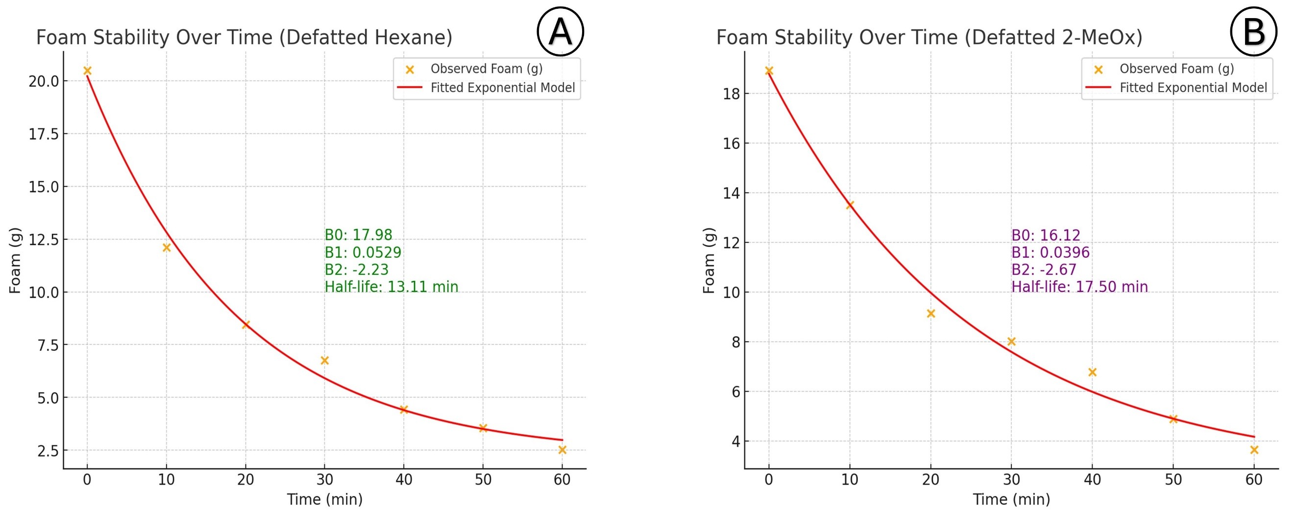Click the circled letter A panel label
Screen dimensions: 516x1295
(x=560, y=31)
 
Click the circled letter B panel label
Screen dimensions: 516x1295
(x=1253, y=31)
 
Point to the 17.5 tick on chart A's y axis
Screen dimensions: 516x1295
(x=44, y=134)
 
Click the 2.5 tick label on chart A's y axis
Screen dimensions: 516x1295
(x=48, y=451)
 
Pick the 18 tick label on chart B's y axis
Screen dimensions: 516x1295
(x=732, y=94)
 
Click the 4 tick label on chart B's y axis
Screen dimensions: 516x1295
(x=736, y=442)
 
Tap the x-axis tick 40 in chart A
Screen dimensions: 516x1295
(x=404, y=480)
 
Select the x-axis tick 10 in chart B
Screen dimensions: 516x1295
(x=850, y=480)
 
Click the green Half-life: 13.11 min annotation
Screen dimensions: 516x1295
(x=391, y=287)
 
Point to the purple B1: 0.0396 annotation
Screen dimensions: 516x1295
(x=1050, y=252)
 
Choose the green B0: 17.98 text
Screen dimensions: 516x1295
(x=358, y=235)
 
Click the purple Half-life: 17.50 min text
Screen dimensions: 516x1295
(x=1079, y=287)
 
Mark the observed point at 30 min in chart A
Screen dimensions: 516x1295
(x=325, y=361)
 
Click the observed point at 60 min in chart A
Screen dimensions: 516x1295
(x=562, y=450)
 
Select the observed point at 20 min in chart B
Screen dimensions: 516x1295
(x=930, y=314)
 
